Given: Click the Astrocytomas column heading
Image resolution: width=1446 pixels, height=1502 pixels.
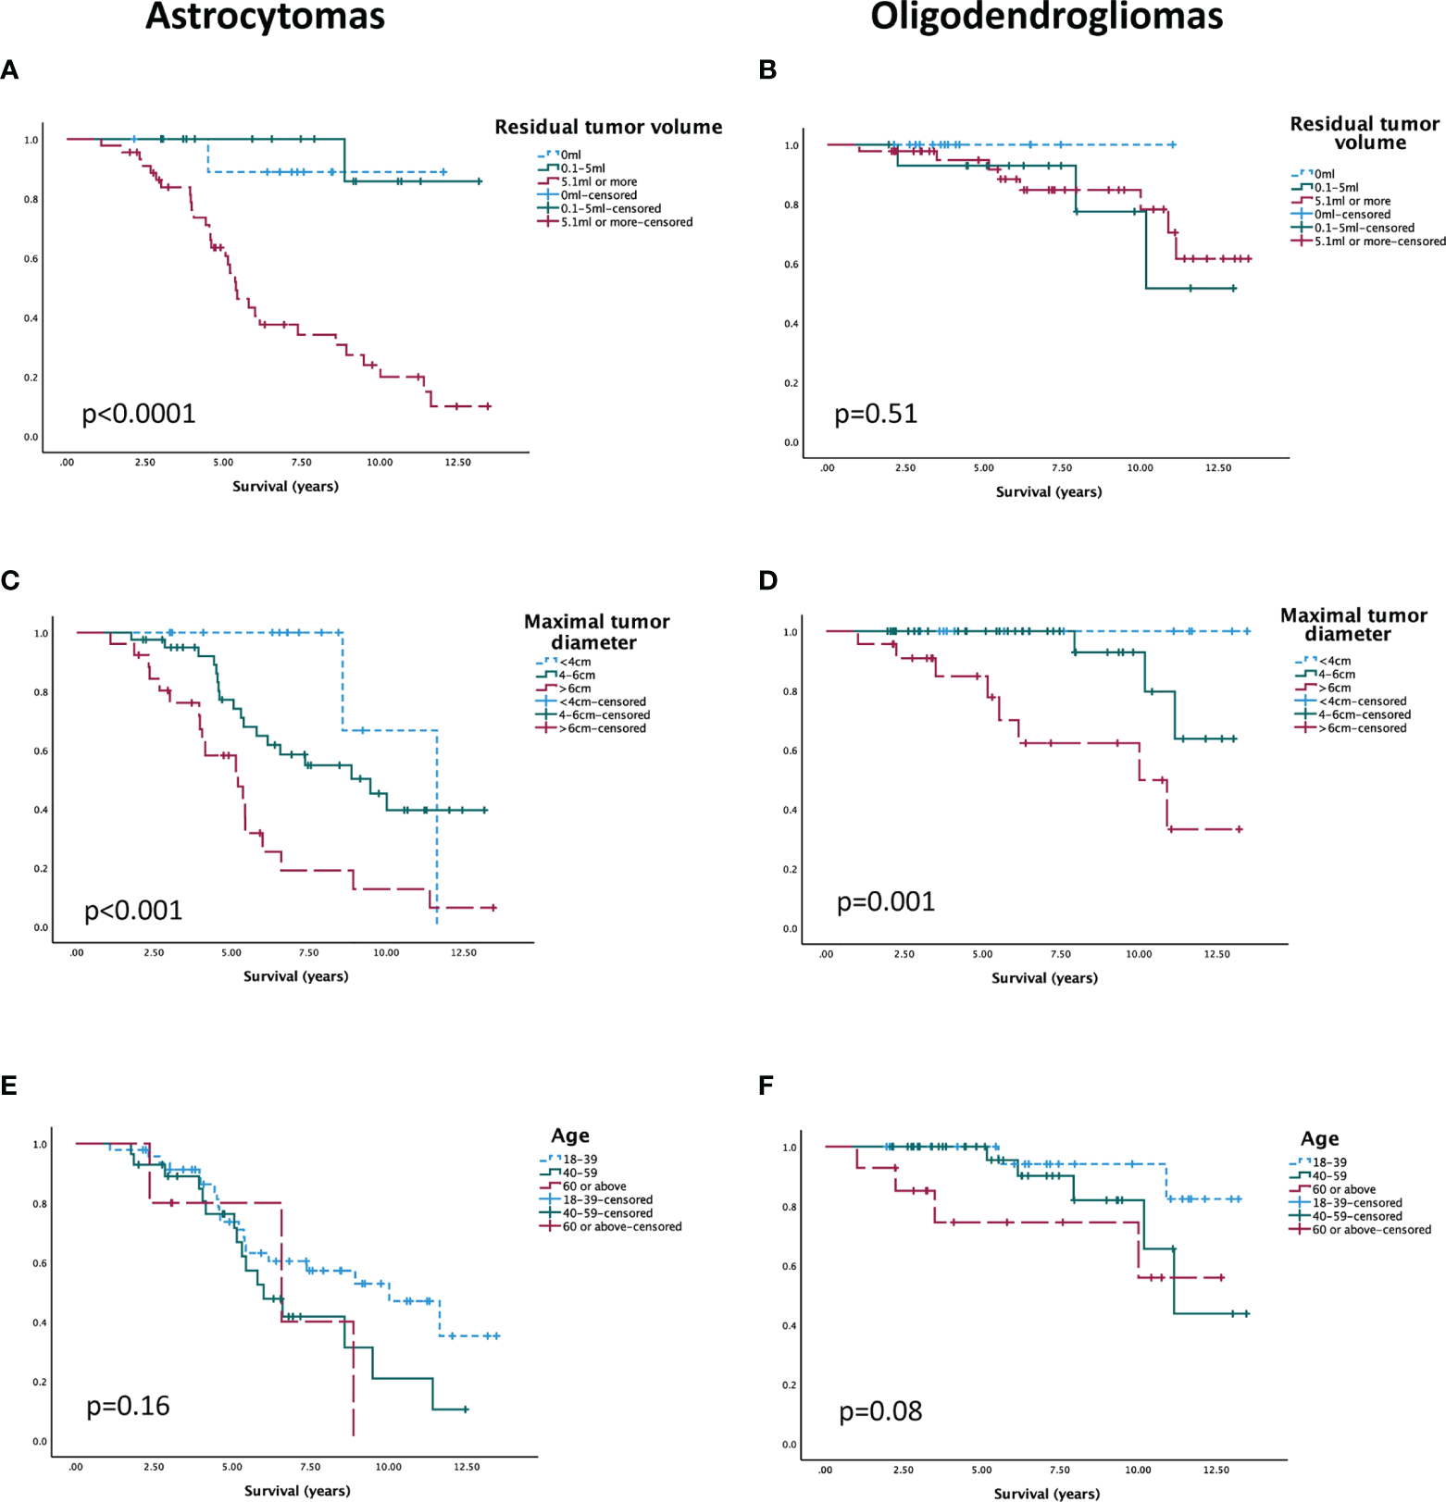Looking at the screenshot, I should point(265,17).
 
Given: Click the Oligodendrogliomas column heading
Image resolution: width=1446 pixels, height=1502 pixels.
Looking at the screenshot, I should point(1046,17).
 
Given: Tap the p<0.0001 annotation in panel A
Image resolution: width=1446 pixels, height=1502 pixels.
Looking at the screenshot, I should point(139,414).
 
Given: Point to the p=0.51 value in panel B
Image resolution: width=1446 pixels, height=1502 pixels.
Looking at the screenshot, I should point(876,414).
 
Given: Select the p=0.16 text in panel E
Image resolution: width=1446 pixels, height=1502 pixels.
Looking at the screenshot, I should point(128,1407).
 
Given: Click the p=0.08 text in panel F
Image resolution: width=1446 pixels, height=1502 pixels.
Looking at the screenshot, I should point(880,1412).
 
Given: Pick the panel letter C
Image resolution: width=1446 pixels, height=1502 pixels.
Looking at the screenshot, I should point(10,580).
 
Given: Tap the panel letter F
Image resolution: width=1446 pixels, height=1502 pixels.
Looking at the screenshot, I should point(766,1086).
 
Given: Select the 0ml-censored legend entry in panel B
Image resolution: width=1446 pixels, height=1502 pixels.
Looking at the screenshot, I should point(1352,215).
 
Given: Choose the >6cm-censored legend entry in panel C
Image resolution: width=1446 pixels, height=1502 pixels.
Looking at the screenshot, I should point(602,728).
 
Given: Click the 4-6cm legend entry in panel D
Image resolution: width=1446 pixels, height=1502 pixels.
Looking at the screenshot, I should point(1337,675).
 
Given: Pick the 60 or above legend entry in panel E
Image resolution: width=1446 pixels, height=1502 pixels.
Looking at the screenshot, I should point(594,1186).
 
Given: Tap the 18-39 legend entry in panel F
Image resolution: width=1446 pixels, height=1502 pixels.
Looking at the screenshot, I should point(1329,1162).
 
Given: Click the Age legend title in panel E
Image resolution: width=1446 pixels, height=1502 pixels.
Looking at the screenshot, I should point(570,1136).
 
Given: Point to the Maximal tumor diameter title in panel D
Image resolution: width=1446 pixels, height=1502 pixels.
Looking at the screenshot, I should point(1353,625).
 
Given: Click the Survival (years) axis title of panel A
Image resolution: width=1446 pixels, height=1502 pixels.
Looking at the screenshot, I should point(285,487).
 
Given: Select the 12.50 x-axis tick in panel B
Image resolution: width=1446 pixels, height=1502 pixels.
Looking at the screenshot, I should point(1218,468).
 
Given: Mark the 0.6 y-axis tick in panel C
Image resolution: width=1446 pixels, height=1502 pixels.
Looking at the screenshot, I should point(41,751).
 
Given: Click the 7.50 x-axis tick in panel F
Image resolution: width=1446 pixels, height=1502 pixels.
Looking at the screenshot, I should point(1060,1471).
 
